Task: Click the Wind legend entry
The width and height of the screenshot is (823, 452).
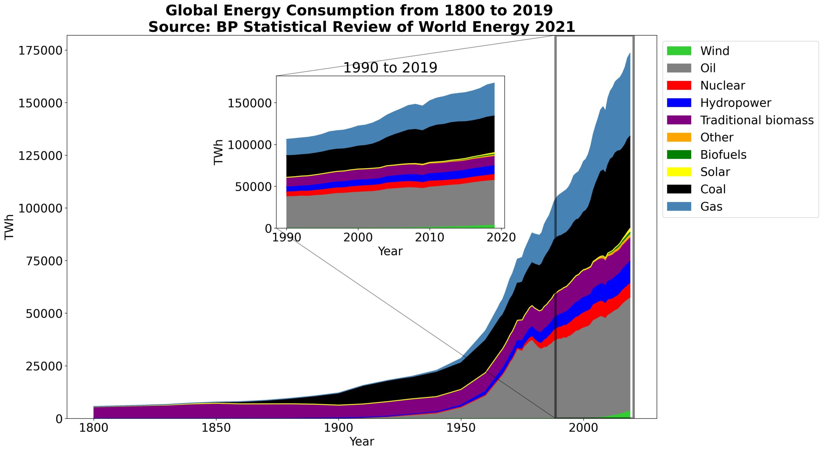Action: pyautogui.click(x=714, y=51)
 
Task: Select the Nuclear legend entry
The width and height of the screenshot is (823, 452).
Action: pyautogui.click(x=722, y=86)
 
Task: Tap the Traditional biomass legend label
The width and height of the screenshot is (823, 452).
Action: pyautogui.click(x=757, y=120)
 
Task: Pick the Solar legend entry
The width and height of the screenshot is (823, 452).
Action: pyautogui.click(x=715, y=172)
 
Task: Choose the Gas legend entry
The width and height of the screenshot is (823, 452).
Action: pyautogui.click(x=711, y=206)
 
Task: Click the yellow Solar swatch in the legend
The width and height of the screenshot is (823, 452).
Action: pyautogui.click(x=679, y=172)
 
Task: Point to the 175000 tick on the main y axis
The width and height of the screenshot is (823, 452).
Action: pyautogui.click(x=41, y=50)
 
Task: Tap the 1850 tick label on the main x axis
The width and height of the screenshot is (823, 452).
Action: pyautogui.click(x=216, y=428)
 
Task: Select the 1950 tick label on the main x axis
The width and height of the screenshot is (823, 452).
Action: pyautogui.click(x=461, y=428)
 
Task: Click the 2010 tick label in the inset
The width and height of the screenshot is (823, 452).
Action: pyautogui.click(x=430, y=238)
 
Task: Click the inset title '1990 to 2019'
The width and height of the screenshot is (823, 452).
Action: pyautogui.click(x=390, y=68)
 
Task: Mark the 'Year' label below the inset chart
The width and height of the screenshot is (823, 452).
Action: pyautogui.click(x=390, y=251)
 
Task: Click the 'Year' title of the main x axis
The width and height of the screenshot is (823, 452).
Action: pyautogui.click(x=362, y=442)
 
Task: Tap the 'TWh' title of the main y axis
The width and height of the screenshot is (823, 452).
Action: pyautogui.click(x=10, y=227)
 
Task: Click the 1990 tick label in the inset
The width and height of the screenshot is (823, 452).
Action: pyautogui.click(x=286, y=238)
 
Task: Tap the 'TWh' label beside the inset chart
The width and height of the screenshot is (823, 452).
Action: pyautogui.click(x=219, y=152)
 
